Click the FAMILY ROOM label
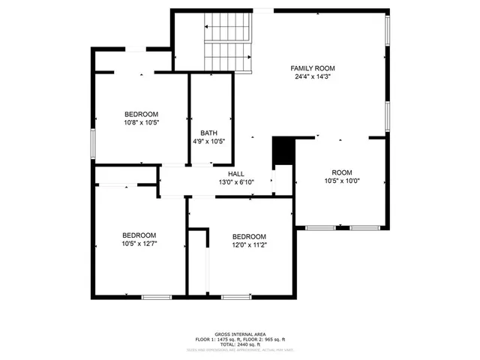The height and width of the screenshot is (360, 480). click(312, 68)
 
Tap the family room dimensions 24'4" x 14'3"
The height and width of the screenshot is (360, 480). click(312, 76)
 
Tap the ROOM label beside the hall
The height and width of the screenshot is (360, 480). click(342, 172)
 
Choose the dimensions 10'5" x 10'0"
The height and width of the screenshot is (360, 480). click(342, 180)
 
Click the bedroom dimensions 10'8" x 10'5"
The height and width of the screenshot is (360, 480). click(141, 122)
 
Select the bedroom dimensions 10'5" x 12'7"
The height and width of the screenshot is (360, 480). click(139, 243)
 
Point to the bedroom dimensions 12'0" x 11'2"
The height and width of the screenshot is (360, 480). click(249, 244)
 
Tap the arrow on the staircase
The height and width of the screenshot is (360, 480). click(208, 28)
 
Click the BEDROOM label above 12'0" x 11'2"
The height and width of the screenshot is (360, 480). click(249, 236)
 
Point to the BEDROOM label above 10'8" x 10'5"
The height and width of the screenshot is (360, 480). click(141, 114)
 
